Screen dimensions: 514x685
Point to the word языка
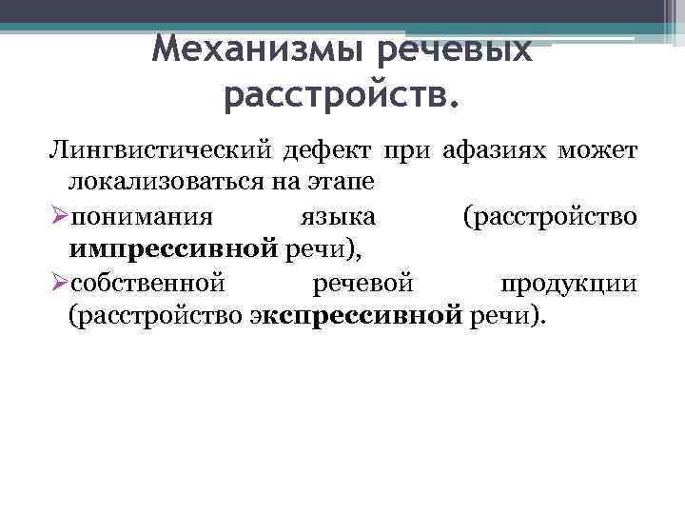(x=323, y=216)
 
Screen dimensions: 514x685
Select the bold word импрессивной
(x=172, y=249)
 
